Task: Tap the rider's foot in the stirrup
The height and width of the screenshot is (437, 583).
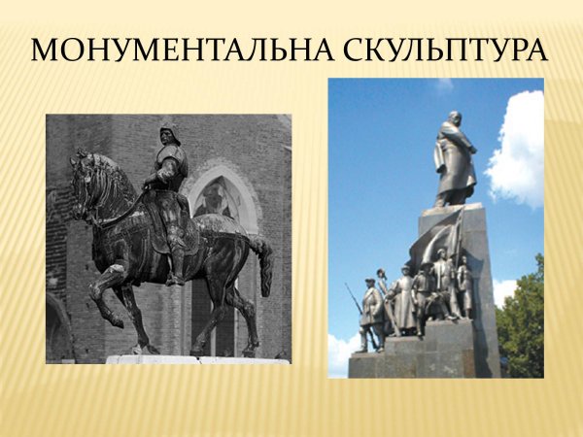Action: [174, 279]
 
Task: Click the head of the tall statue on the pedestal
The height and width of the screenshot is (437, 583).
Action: [455, 120]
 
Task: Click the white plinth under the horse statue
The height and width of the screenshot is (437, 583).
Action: [194, 359]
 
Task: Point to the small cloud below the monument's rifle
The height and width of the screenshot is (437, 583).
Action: [342, 350]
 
